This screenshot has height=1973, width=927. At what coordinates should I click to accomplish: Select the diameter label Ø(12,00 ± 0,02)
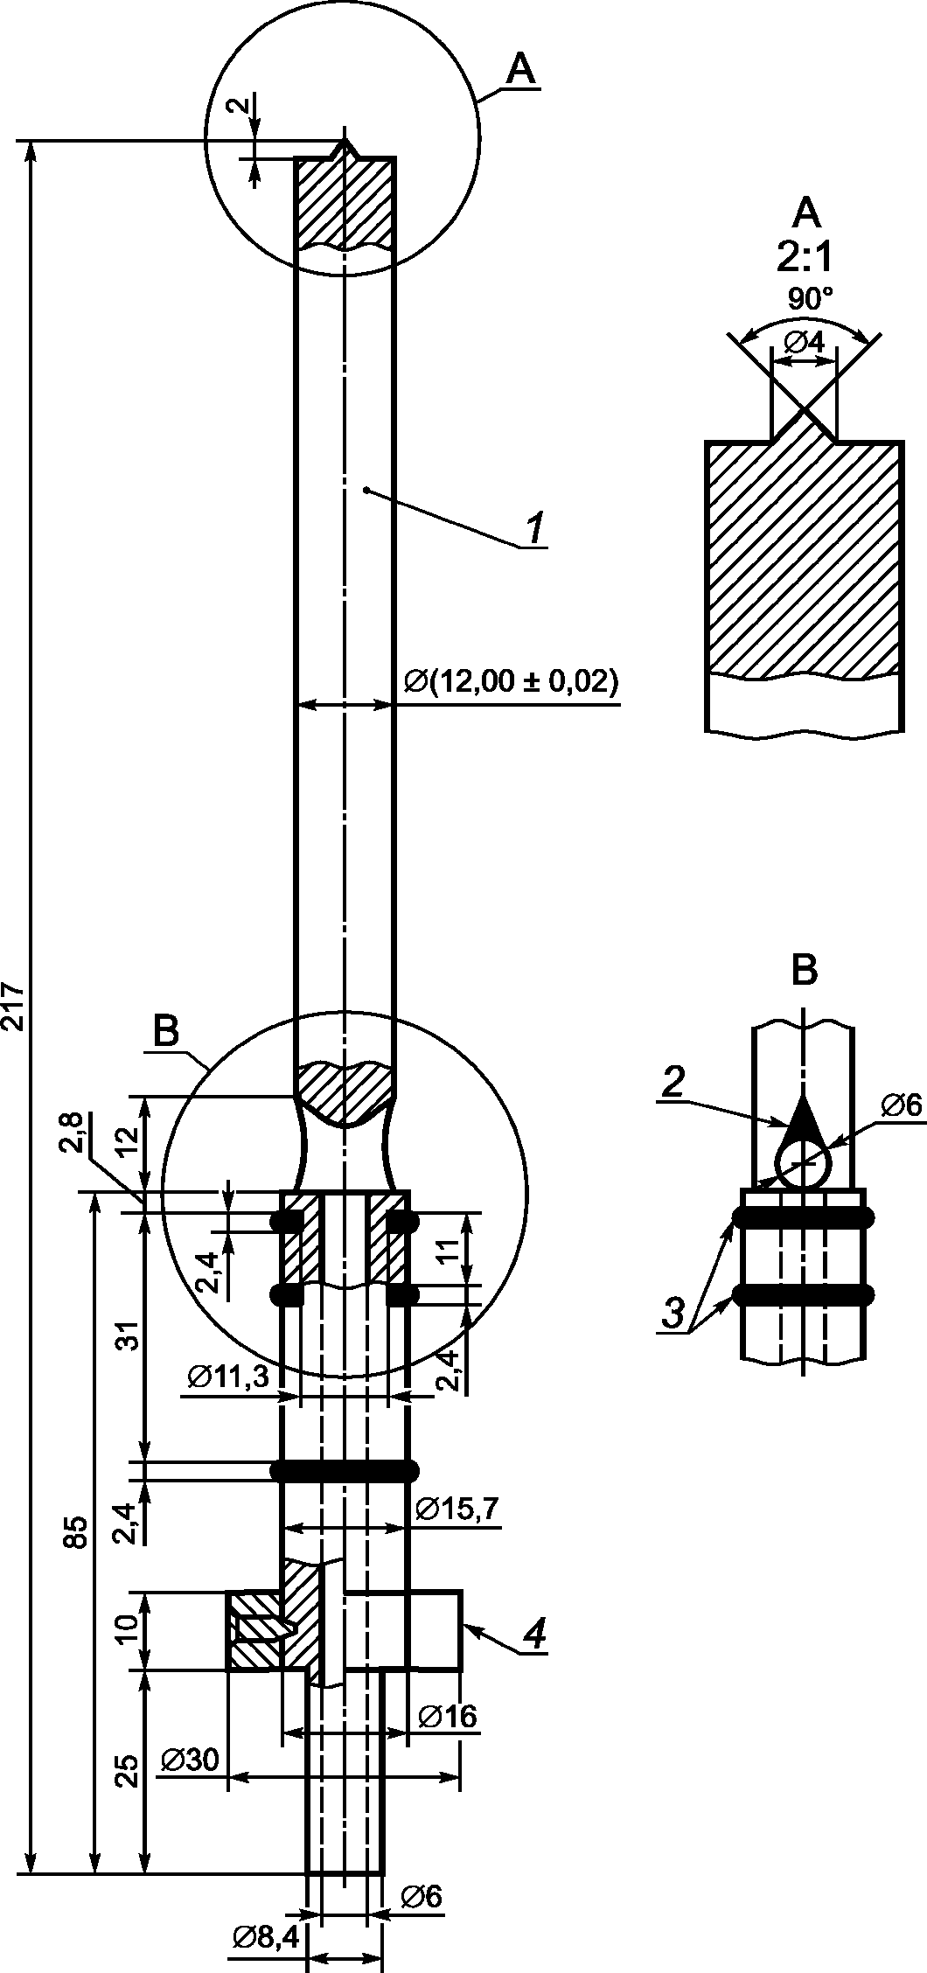coord(511,682)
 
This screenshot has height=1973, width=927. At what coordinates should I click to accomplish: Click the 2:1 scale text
coord(805,259)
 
